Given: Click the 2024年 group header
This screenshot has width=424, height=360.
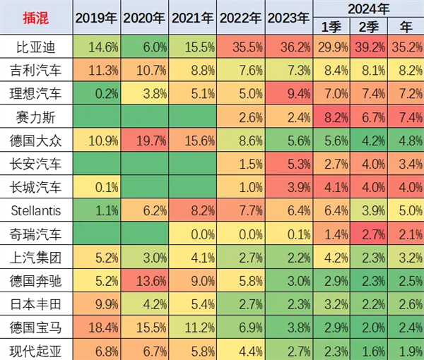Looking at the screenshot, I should [x=368, y=8].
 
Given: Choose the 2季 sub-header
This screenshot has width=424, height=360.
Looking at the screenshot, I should [x=368, y=27].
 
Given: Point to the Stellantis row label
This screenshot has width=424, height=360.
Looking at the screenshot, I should [x=37, y=210].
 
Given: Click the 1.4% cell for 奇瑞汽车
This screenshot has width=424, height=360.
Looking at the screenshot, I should [x=331, y=232].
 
